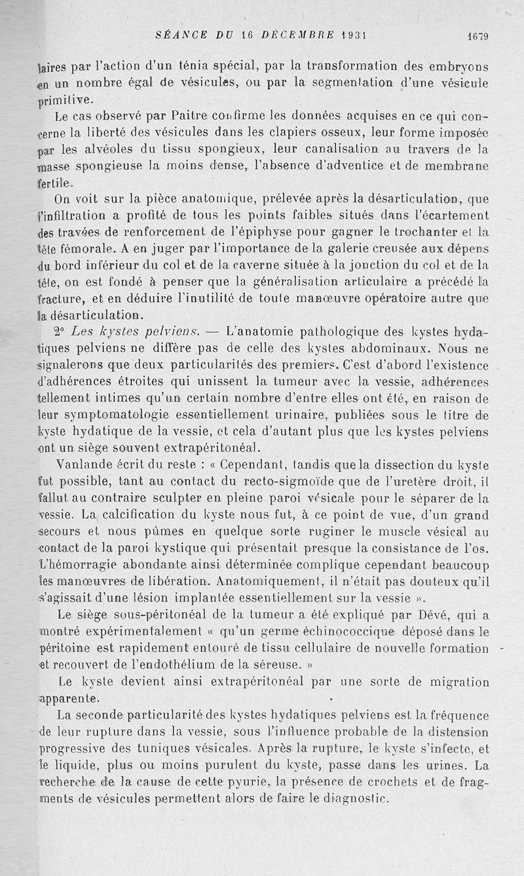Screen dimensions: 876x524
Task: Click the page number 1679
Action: tap(477, 37)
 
